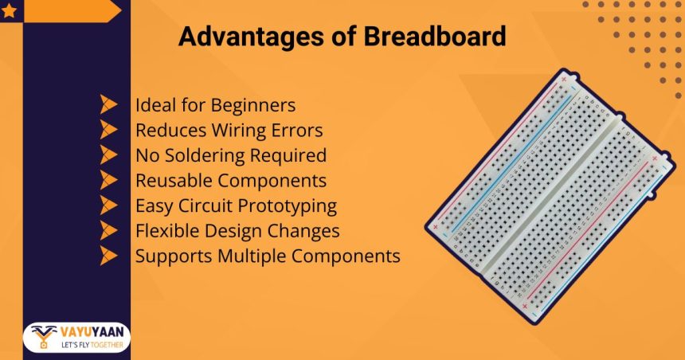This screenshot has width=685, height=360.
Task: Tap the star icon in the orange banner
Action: point(11,10)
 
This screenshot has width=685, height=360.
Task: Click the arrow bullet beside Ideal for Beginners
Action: point(109,105)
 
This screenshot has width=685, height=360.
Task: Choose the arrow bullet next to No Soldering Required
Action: point(109,155)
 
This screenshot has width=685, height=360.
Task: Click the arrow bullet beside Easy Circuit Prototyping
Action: point(109,205)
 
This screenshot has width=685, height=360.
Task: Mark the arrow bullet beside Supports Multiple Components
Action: point(109,256)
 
